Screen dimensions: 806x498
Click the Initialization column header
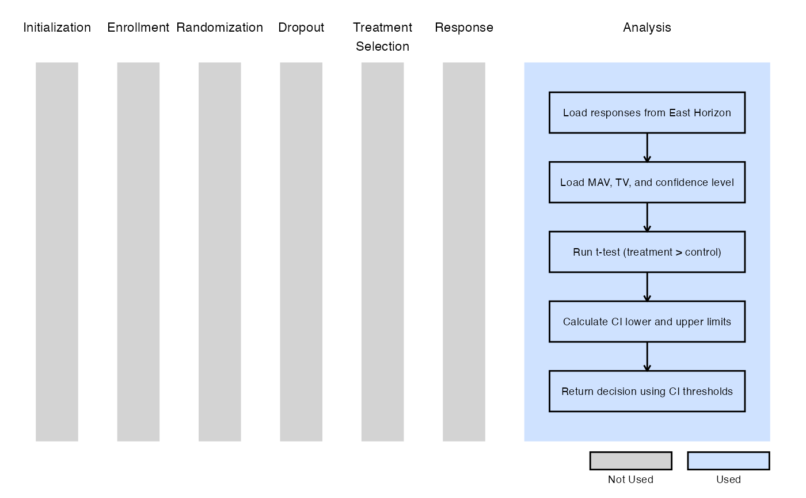(57, 28)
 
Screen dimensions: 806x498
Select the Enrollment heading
(138, 28)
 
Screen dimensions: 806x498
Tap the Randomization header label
(219, 28)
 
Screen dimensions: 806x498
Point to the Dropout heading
(301, 28)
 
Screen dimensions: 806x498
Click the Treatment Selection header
(382, 37)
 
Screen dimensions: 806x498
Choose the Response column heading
(464, 28)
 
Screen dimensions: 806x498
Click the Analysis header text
(647, 28)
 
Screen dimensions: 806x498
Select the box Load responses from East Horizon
(647, 113)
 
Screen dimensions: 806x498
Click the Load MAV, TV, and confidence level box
(647, 183)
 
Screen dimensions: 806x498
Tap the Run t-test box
(647, 252)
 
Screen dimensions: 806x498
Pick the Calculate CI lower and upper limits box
(647, 322)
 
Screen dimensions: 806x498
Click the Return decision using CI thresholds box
(647, 391)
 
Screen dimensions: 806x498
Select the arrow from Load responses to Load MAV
(647, 147)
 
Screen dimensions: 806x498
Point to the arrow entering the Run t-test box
(647, 218)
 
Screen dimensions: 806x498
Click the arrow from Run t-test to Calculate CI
(647, 287)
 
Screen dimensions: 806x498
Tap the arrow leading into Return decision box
(647, 356)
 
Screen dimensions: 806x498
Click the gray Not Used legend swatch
(631, 461)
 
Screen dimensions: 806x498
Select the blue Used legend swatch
(729, 461)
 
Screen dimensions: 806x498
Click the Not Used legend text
(631, 480)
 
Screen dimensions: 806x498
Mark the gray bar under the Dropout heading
(301, 252)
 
